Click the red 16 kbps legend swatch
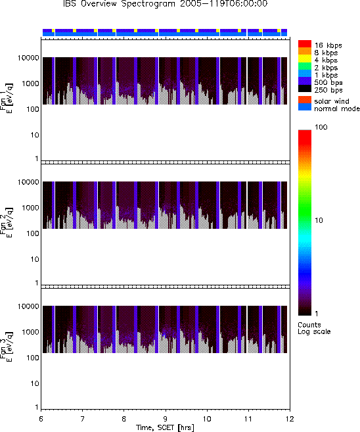[x=305, y=43]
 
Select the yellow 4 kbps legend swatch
[x=305, y=59]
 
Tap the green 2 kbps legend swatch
[x=305, y=66]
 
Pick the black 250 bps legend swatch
[x=305, y=89]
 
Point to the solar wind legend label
[x=332, y=101]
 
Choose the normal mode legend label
[x=337, y=108]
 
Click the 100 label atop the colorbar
[x=321, y=127]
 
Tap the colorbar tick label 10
[x=319, y=220]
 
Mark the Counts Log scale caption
[x=314, y=328]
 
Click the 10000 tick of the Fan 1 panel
[x=28, y=58]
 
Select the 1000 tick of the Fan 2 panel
[x=30, y=208]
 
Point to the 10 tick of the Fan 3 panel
[x=35, y=383]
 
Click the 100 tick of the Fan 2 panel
[x=32, y=233]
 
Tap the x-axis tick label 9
[x=166, y=419]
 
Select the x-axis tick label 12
[x=290, y=419]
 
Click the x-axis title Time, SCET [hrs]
[x=165, y=427]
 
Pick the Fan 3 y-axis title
[x=7, y=346]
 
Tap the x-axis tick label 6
[x=41, y=419]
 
